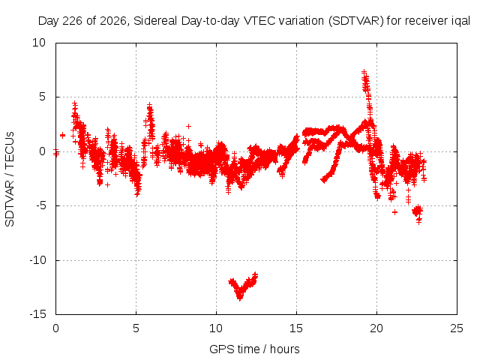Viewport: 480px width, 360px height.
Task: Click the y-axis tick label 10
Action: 39,43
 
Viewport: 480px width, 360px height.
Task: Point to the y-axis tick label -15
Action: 37,314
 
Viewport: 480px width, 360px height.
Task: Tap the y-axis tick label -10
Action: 37,260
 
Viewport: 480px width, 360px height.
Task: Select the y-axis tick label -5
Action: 40,205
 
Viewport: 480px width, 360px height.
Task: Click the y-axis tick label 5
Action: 42,97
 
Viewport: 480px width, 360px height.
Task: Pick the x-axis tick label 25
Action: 457,328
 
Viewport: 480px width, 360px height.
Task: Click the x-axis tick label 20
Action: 376,328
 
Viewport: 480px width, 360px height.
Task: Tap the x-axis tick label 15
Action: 296,328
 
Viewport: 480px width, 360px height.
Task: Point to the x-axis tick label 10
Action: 216,328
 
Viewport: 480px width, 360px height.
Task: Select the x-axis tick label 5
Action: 136,328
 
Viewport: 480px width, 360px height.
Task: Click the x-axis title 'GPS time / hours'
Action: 254,349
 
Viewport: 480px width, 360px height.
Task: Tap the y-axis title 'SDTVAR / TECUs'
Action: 10,179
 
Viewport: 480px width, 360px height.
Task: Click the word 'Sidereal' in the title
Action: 155,21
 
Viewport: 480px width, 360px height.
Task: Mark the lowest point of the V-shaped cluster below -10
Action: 240,298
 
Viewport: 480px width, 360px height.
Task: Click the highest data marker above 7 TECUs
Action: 364,72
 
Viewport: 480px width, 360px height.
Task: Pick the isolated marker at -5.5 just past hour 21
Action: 395,211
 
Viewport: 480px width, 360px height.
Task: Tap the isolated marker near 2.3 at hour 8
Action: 188,126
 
